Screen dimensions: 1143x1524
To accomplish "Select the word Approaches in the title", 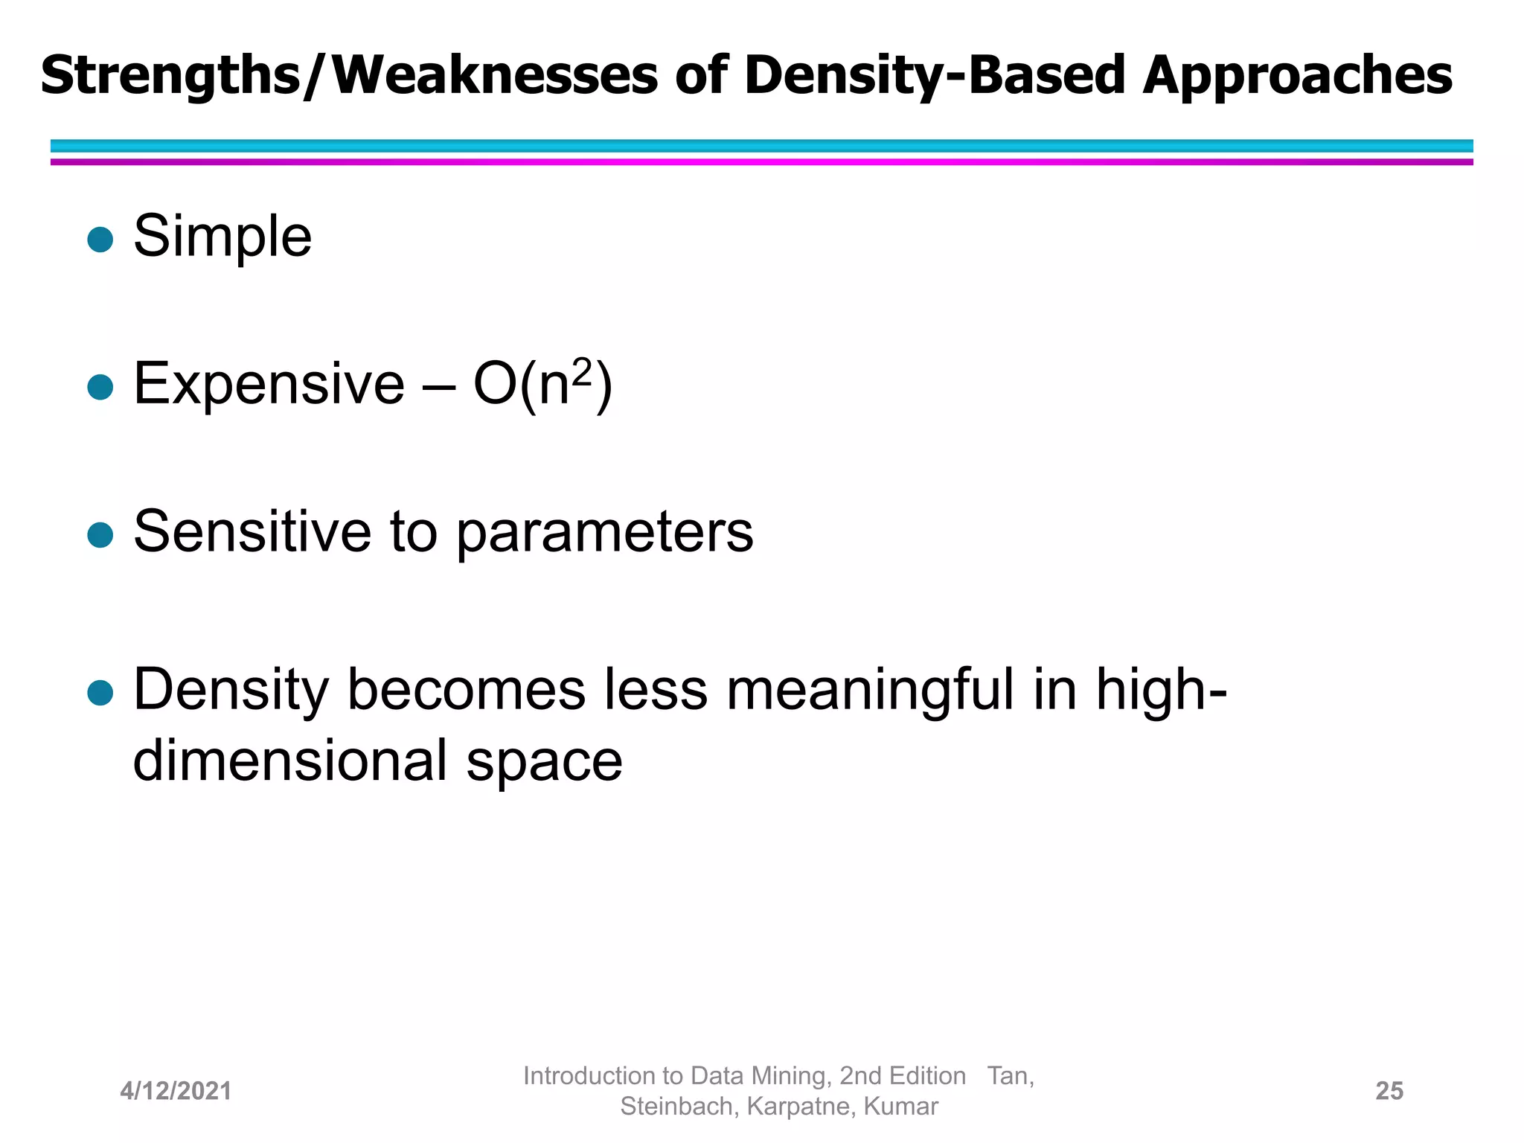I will point(1297,76).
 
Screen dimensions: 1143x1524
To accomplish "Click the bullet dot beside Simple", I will point(100,240).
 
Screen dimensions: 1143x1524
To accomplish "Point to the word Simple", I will point(222,237).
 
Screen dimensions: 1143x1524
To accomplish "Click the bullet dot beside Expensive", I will point(100,387).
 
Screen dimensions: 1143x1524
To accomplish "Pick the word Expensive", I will point(269,384).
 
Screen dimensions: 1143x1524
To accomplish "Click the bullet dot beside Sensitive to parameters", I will point(100,534).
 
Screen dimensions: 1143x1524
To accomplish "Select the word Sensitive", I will point(252,531).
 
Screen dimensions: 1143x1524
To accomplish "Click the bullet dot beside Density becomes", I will point(100,693).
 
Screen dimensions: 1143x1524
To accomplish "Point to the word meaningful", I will point(869,691).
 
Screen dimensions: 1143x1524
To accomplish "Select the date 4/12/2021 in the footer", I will point(176,1091).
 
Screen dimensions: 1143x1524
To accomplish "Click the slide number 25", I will point(1389,1091).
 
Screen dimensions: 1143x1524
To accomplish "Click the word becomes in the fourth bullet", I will point(466,691).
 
